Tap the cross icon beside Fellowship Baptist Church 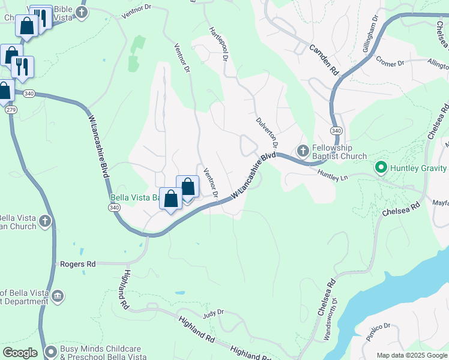point(303,149)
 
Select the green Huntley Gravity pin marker point(380,168)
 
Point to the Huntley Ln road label point(333,172)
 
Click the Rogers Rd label point(78,263)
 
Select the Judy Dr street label point(213,313)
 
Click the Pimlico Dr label point(380,335)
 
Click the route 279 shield point(10,110)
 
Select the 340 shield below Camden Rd point(336,130)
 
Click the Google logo point(20,353)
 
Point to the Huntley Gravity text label point(419,168)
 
